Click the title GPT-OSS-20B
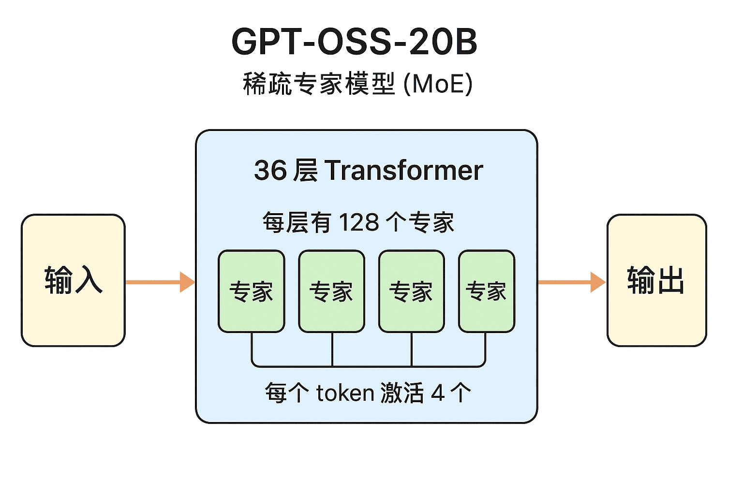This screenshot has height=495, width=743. [355, 42]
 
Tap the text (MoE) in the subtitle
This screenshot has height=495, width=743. [438, 84]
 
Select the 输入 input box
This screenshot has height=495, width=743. [73, 280]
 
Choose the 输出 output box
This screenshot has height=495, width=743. [656, 280]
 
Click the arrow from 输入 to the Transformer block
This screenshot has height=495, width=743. [160, 282]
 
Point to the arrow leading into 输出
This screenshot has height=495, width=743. [571, 282]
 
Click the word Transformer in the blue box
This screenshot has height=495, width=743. [404, 171]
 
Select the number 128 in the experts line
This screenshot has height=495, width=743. [358, 223]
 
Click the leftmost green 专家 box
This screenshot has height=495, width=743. [252, 291]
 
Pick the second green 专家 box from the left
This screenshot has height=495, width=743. [331, 291]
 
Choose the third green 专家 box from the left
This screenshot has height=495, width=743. [411, 291]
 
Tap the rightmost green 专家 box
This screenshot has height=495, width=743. [486, 291]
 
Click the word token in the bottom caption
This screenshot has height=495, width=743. [345, 393]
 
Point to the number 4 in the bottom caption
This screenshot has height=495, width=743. [437, 393]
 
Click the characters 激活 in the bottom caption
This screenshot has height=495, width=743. [402, 393]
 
